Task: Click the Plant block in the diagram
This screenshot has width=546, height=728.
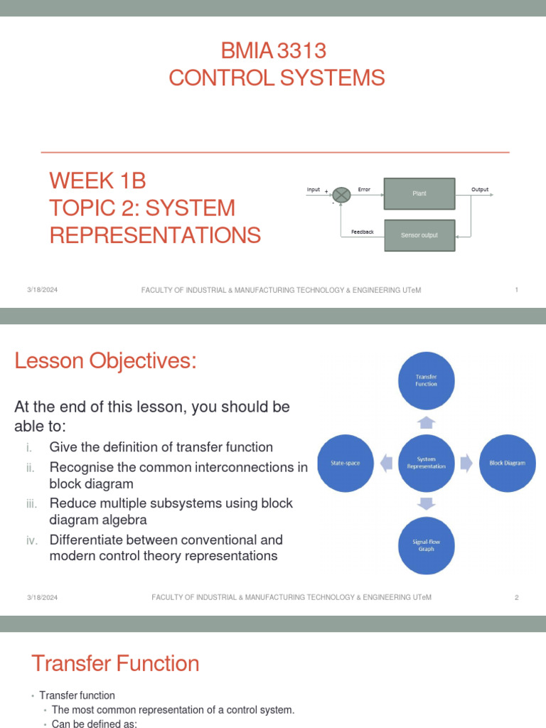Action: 419,193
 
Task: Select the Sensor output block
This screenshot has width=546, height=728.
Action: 419,235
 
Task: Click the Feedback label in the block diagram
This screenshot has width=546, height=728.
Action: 362,232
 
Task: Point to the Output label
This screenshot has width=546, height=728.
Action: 480,190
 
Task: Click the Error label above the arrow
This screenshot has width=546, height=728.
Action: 364,190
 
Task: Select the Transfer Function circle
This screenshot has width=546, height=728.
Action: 426,380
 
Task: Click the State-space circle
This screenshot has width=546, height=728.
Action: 346,463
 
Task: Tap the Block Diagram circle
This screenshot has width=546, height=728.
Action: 507,463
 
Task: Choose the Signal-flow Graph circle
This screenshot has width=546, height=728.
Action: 426,545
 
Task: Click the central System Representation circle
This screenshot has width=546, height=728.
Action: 426,463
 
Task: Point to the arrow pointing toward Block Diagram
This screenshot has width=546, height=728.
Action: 466,464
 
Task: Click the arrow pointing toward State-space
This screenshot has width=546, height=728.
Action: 385,464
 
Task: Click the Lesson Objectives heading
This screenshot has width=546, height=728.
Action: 105,361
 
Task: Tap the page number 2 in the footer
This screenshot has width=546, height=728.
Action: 517,598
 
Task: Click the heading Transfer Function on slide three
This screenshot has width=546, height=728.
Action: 115,663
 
